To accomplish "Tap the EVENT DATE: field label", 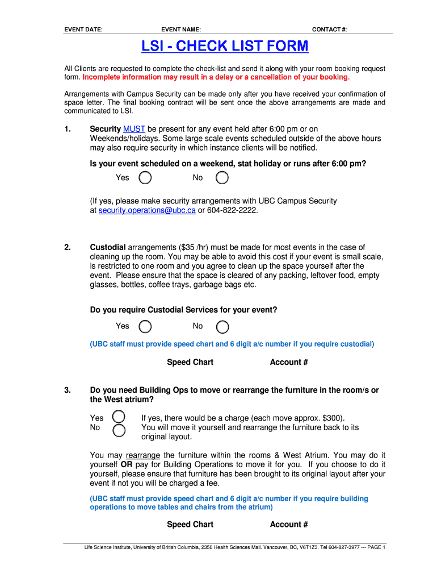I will pyautogui.click(x=83, y=30).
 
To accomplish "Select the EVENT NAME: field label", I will pyautogui.click(x=181, y=30).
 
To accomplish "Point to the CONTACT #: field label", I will pyautogui.click(x=329, y=30).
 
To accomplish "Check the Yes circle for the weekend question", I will pyautogui.click(x=145, y=178).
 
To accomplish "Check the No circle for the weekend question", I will pyautogui.click(x=222, y=178).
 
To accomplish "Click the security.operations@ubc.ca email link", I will pyautogui.click(x=147, y=210).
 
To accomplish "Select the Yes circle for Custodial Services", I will pyautogui.click(x=145, y=326).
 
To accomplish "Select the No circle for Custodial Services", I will pyautogui.click(x=222, y=326).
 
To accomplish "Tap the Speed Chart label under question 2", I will pyautogui.click(x=190, y=362).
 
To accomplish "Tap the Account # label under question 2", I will pyautogui.click(x=289, y=362).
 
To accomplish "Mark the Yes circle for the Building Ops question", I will pyautogui.click(x=119, y=417).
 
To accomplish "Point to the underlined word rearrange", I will pyautogui.click(x=142, y=455).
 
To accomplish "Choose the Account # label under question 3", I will pyautogui.click(x=289, y=524).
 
